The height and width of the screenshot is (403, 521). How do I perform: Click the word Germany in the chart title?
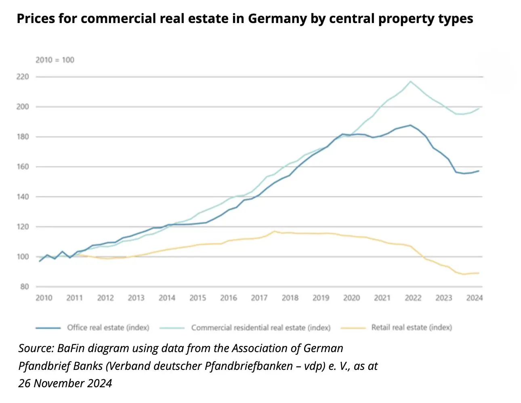(x=277, y=19)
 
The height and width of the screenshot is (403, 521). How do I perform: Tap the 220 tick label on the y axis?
(x=23, y=77)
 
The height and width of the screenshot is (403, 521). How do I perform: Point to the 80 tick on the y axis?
(x=25, y=286)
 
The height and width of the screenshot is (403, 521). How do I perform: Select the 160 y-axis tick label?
(x=23, y=167)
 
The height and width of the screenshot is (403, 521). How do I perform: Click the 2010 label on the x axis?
(x=44, y=298)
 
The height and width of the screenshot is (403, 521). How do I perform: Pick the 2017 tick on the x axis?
(x=259, y=298)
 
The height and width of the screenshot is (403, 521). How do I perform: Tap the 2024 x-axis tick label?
(x=475, y=298)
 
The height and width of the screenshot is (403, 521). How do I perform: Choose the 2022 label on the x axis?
(x=413, y=298)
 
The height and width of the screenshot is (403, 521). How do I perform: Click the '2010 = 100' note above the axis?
(x=55, y=60)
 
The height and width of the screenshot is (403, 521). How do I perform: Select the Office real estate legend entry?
(x=92, y=327)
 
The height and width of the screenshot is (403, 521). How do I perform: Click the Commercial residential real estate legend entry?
(x=245, y=327)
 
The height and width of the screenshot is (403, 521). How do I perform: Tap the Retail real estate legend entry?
(x=397, y=327)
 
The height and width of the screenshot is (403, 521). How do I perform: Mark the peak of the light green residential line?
(x=410, y=81)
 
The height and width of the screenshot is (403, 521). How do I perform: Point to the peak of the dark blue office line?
(x=410, y=125)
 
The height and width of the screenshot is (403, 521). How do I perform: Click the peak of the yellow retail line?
(x=275, y=231)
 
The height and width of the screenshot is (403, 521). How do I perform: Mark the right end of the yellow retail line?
(x=479, y=273)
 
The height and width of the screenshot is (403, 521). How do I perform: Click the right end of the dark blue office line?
(x=479, y=171)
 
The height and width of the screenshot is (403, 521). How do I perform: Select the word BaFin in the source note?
(x=71, y=348)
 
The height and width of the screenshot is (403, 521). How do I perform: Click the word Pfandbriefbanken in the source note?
(x=249, y=366)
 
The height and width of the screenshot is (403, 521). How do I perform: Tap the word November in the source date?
(x=58, y=383)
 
